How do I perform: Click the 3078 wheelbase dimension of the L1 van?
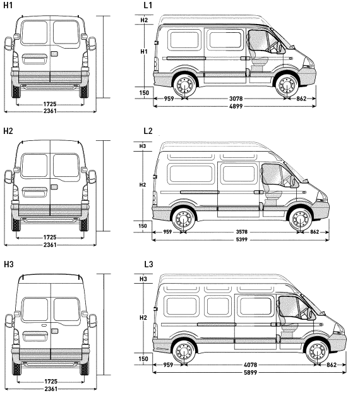click(236, 99)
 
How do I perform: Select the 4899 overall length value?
click(236, 106)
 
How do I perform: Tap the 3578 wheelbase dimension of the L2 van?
click(242, 232)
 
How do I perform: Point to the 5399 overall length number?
click(242, 239)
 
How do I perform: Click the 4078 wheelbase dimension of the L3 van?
click(250, 365)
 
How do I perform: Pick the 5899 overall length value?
click(250, 372)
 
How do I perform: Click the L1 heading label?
click(148, 5)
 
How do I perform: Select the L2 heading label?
click(148, 131)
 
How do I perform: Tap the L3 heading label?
click(148, 264)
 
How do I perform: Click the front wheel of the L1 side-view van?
click(286, 85)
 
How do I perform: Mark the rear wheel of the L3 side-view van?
click(184, 351)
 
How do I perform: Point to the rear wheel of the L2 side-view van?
click(184, 219)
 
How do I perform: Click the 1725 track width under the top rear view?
click(50, 104)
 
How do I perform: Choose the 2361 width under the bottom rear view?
click(51, 389)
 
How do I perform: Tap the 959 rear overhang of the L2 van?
click(167, 232)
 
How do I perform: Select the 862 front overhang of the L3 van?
click(332, 365)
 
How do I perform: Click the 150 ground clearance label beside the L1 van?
click(144, 93)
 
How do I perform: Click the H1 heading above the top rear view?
click(8, 5)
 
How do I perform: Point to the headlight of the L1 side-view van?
click(309, 63)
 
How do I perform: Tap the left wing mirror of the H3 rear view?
click(9, 322)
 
